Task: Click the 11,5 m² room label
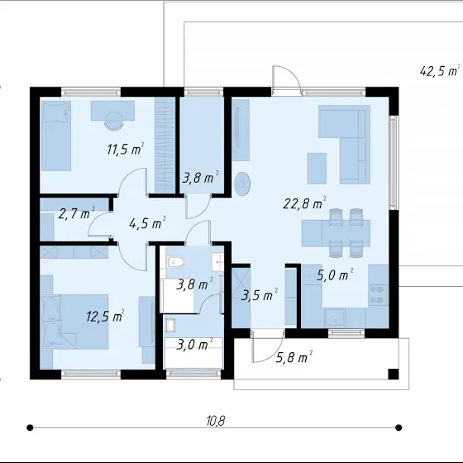(x=126, y=149)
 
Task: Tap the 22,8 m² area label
(x=304, y=203)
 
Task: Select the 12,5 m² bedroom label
(x=105, y=316)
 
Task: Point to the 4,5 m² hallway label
(x=147, y=222)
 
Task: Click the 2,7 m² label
(x=76, y=213)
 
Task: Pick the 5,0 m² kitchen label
(x=335, y=274)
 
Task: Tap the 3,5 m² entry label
(x=260, y=294)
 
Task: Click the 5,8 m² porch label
(x=294, y=357)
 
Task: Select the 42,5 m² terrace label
(x=440, y=70)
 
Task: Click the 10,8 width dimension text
(x=216, y=421)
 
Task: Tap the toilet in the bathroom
(x=175, y=262)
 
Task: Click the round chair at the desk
(x=114, y=121)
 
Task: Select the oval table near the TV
(x=242, y=184)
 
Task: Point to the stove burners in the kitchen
(x=379, y=294)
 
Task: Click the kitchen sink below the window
(x=335, y=318)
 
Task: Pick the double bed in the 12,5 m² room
(x=74, y=322)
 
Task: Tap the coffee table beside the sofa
(x=317, y=169)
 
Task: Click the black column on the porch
(x=393, y=374)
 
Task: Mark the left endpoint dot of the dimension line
(x=30, y=427)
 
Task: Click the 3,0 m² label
(x=194, y=344)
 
